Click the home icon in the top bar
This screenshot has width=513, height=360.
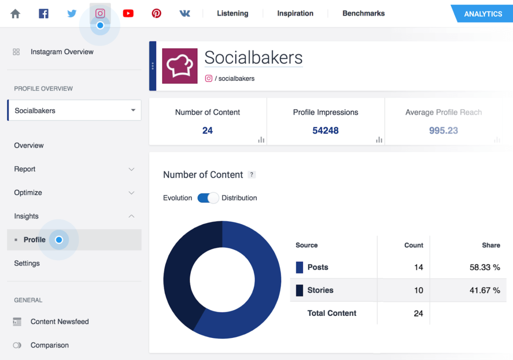click(16, 14)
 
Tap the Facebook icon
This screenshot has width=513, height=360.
click(44, 14)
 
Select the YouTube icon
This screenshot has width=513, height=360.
click(128, 14)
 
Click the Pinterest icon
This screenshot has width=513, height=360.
click(156, 14)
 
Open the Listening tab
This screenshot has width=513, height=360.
click(232, 14)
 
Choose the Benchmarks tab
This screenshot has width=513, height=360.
click(363, 14)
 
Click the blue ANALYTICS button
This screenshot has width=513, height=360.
click(482, 14)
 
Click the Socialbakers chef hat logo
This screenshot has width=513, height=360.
click(180, 66)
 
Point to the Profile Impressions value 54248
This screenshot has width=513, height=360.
click(325, 131)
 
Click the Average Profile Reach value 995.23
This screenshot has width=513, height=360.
click(443, 131)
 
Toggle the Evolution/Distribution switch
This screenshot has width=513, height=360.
click(208, 198)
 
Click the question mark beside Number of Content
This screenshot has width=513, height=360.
click(252, 175)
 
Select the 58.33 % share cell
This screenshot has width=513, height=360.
click(484, 267)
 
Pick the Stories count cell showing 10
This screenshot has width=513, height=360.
click(418, 290)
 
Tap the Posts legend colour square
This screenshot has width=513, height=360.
click(300, 267)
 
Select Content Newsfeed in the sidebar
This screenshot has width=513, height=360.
click(59, 321)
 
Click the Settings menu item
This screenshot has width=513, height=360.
click(27, 263)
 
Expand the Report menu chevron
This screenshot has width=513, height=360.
click(131, 169)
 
